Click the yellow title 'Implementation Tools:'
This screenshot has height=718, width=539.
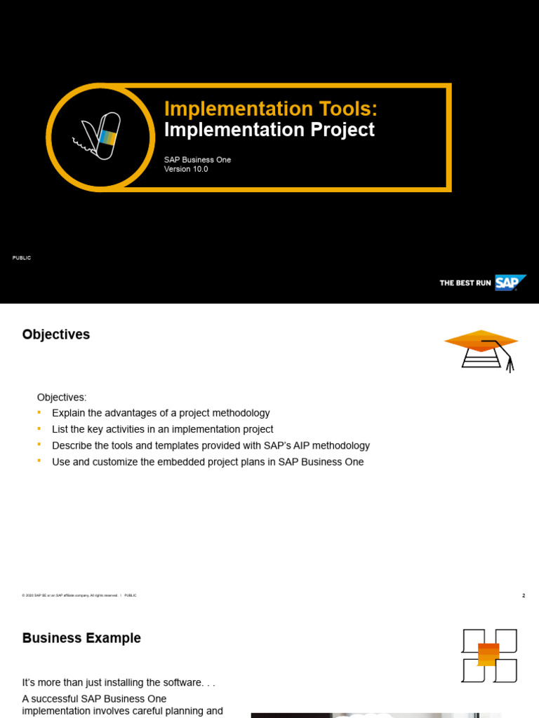pos(270,109)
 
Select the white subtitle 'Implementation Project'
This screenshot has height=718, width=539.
pos(269,130)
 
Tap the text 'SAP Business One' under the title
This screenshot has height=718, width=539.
pos(197,160)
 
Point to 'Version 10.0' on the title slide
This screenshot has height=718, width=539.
pos(186,170)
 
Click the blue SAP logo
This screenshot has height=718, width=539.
pos(510,283)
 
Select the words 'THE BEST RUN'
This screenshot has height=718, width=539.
pos(465,283)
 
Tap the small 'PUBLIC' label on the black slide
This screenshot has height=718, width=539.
pos(22,258)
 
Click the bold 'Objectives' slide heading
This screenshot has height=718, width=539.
pos(56,335)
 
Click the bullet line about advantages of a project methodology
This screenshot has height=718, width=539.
pos(161,414)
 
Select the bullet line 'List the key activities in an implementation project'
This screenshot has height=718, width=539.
pos(162,430)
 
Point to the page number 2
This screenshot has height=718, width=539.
pos(524,596)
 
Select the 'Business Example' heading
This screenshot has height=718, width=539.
pos(81,639)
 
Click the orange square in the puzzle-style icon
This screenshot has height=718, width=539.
pos(488,654)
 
